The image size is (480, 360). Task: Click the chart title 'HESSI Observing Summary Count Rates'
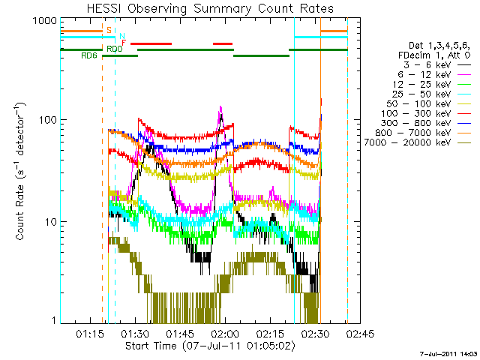pyautogui.click(x=210, y=8)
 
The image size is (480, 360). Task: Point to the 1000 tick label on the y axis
pyautogui.click(x=45, y=21)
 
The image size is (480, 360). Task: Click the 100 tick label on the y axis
pyautogui.click(x=48, y=119)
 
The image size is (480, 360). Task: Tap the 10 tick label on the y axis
pyautogui.click(x=51, y=222)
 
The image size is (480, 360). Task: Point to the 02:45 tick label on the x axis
pyautogui.click(x=360, y=333)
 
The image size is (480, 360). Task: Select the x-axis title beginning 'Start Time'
pyautogui.click(x=210, y=346)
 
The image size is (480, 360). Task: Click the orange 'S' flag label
pyautogui.click(x=109, y=30)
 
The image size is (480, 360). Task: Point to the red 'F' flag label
pyautogui.click(x=124, y=43)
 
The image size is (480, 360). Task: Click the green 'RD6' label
pyautogui.click(x=89, y=55)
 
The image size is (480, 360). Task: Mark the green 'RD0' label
pyautogui.click(x=115, y=49)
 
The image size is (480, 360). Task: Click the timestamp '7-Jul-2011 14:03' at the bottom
pyautogui.click(x=448, y=354)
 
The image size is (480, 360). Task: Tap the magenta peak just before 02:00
pyautogui.click(x=220, y=107)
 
